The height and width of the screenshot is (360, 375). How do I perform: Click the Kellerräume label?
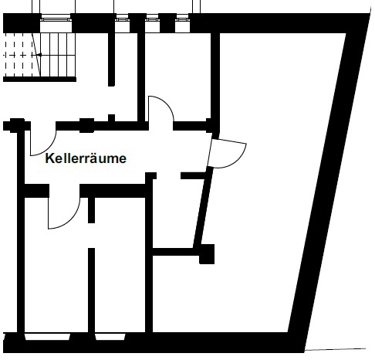[x=86, y=158]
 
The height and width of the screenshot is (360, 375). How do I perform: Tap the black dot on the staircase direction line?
[x=40, y=55]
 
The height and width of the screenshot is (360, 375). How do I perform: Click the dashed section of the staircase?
[x=18, y=55]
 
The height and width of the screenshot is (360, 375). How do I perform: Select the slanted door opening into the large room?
[x=226, y=154]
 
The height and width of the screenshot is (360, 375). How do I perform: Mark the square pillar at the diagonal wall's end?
[x=207, y=254]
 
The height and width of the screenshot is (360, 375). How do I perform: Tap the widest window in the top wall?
[x=56, y=19]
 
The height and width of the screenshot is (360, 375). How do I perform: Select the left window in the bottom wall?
[x=48, y=337]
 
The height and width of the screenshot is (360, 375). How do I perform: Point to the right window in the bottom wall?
[x=110, y=337]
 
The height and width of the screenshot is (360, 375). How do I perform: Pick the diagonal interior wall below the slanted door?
[x=203, y=207]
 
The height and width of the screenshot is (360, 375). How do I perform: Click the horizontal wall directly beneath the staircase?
[x=39, y=80]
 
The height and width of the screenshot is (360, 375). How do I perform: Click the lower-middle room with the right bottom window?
[x=120, y=265]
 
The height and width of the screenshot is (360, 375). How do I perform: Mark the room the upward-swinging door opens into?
[x=178, y=77]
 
